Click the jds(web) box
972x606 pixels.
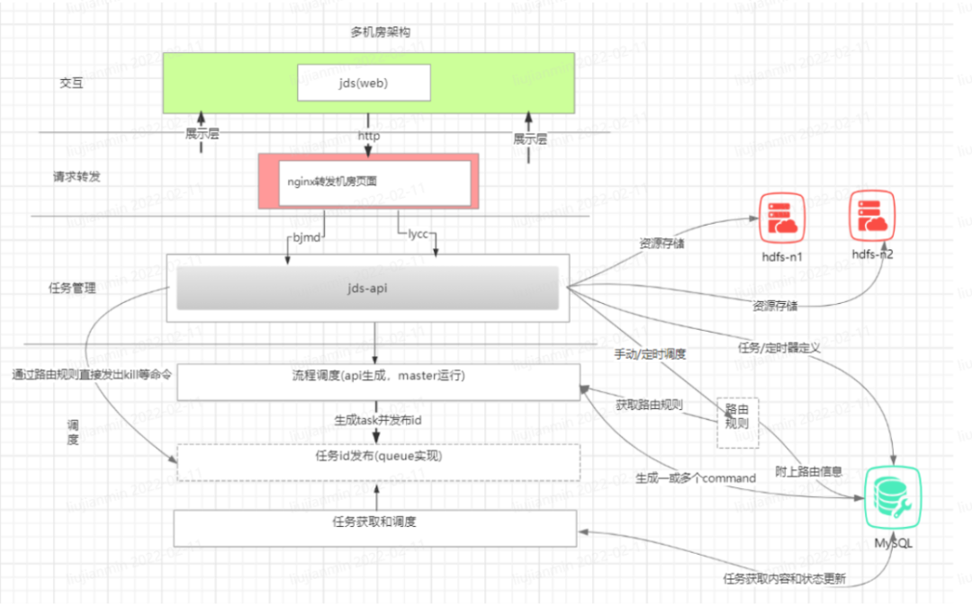[x=364, y=83]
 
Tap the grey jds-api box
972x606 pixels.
[x=367, y=289]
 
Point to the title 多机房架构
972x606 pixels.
[x=380, y=32]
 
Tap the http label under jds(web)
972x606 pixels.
[x=368, y=137]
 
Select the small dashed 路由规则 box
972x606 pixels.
[x=737, y=422]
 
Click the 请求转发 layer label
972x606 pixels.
[x=76, y=176]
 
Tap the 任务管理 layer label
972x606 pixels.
[x=72, y=290]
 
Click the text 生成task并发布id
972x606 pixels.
[x=376, y=419]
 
